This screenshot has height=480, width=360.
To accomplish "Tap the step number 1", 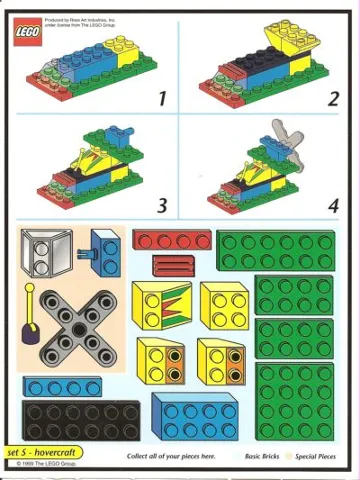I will [161, 98].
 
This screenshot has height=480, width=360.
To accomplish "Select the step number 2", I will [333, 98].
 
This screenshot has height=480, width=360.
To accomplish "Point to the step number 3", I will [161, 206].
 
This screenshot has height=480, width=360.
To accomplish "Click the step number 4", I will [333, 206].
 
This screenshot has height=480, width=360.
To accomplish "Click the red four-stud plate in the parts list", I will [171, 241].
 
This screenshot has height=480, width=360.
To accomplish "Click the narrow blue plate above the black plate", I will [63, 385].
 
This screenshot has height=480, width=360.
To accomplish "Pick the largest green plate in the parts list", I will [294, 400].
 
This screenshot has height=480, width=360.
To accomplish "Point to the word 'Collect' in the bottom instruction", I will [141, 456].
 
